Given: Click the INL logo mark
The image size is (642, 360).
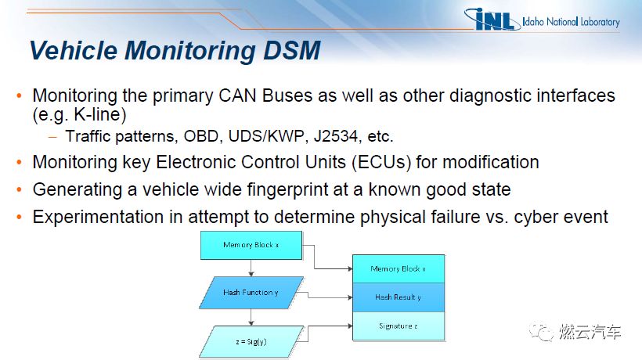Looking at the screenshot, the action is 491,20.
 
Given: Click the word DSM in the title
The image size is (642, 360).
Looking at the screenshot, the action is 291,51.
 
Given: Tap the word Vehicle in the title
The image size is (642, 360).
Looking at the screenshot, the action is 74,51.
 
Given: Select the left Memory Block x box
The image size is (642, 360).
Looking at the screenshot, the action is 251,245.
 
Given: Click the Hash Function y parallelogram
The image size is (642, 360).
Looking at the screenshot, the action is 251,293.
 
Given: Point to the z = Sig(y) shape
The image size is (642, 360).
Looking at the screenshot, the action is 251,341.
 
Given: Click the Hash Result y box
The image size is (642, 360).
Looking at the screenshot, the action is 399,297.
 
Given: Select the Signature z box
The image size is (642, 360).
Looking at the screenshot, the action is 399,326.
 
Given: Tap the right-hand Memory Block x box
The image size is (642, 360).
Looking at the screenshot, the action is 399,268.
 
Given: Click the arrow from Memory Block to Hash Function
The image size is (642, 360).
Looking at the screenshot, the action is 251,268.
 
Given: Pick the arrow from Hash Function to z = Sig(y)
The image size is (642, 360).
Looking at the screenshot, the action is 251,317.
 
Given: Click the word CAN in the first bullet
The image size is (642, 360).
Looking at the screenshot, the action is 237,95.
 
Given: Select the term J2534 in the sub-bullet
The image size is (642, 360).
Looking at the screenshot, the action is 335,136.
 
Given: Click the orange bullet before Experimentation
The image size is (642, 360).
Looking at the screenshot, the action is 19,217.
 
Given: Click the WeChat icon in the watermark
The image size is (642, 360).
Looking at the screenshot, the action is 541,332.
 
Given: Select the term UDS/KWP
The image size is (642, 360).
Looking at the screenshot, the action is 266,136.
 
